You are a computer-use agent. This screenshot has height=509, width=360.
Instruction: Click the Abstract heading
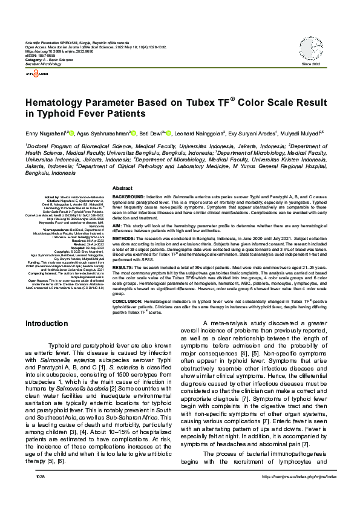tap(122, 189)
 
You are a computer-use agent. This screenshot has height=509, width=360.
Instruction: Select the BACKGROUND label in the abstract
tap(128, 198)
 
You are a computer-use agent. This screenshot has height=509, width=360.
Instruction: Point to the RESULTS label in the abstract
tap(123, 267)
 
